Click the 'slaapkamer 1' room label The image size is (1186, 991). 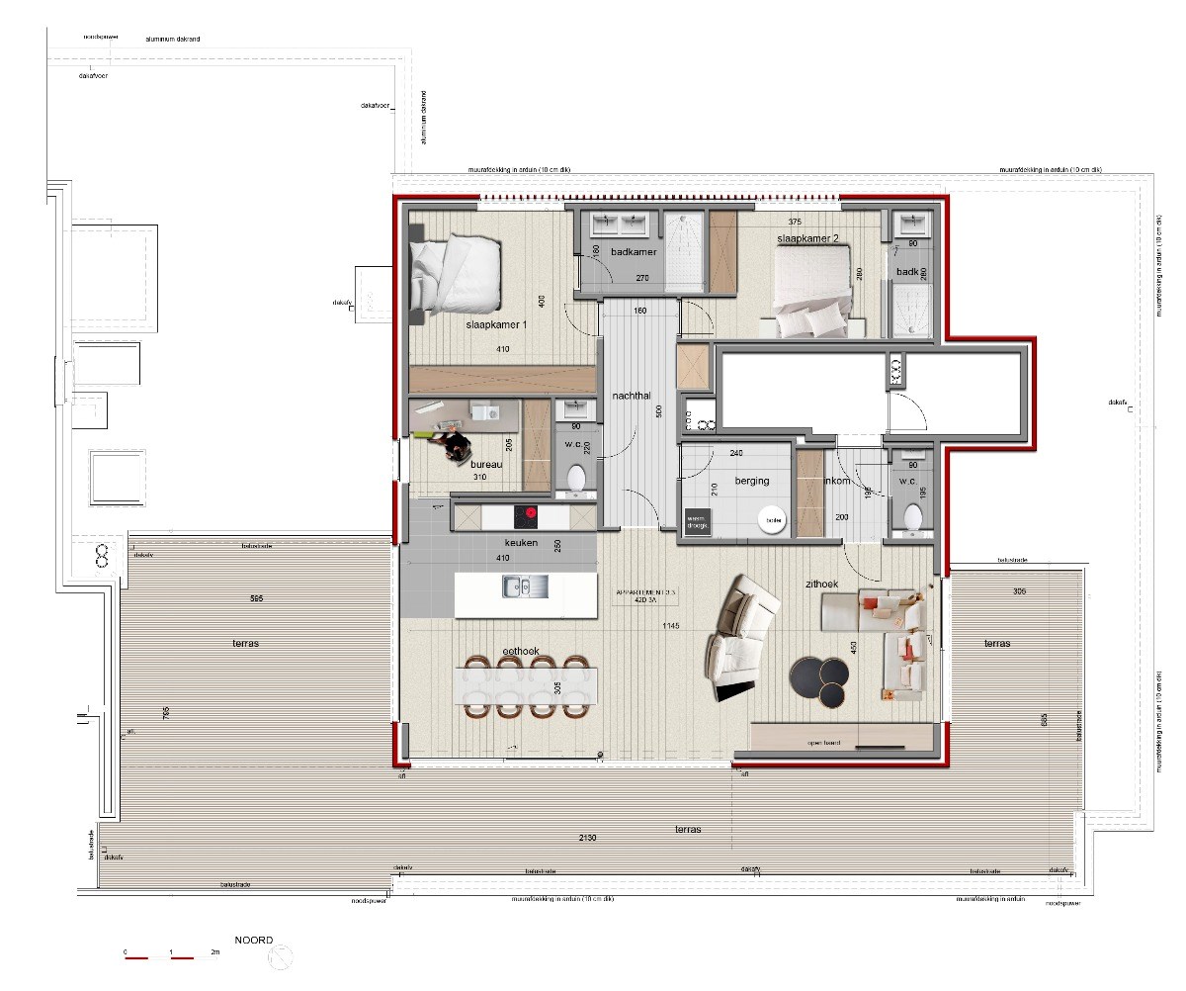pos(497,324)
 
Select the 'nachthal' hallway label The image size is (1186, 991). pos(629,395)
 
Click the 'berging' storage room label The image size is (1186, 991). pos(751,481)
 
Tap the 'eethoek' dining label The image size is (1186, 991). pos(520,652)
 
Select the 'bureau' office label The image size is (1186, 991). pos(486,463)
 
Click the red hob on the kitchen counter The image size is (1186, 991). pos(531,513)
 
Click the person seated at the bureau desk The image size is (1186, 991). pos(455,449)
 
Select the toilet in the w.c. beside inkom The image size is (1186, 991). pos(913,516)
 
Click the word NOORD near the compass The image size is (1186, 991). pos(253,940)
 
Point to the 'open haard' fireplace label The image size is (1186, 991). pos(823,743)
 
